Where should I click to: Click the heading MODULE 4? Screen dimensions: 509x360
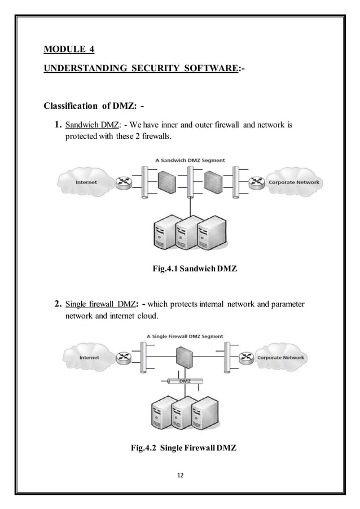click(x=69, y=50)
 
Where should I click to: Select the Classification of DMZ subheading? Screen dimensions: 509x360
click(x=94, y=107)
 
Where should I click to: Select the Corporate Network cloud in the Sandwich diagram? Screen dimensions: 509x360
click(x=293, y=182)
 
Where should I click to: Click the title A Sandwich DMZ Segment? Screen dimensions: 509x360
click(x=190, y=160)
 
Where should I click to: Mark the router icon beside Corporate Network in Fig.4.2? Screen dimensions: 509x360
click(x=246, y=357)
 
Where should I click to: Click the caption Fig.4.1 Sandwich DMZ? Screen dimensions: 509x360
click(x=195, y=269)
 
